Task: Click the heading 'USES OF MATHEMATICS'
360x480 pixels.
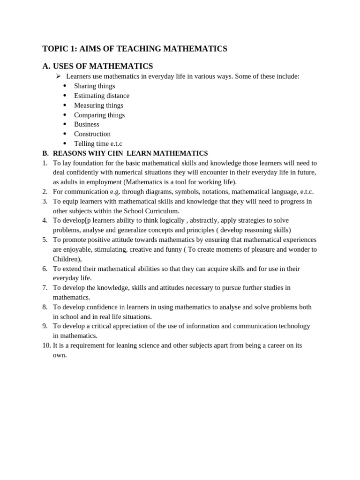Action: click(x=103, y=66)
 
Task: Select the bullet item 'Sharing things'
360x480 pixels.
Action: click(x=94, y=86)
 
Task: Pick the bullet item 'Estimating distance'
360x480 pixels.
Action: click(x=101, y=96)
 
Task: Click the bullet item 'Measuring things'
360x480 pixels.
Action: click(x=98, y=105)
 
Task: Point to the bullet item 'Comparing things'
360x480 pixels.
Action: click(x=99, y=115)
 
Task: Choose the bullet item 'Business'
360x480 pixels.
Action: click(x=86, y=124)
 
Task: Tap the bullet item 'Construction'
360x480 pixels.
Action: click(x=92, y=134)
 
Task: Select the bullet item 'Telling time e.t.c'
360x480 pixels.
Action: click(x=98, y=143)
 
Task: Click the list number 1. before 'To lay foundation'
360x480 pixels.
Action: click(x=45, y=163)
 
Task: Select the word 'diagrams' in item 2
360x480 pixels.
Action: click(x=135, y=192)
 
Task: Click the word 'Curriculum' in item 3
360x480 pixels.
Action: click(x=158, y=211)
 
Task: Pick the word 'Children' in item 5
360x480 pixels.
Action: click(x=66, y=259)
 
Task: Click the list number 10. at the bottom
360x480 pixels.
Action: click(x=46, y=345)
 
